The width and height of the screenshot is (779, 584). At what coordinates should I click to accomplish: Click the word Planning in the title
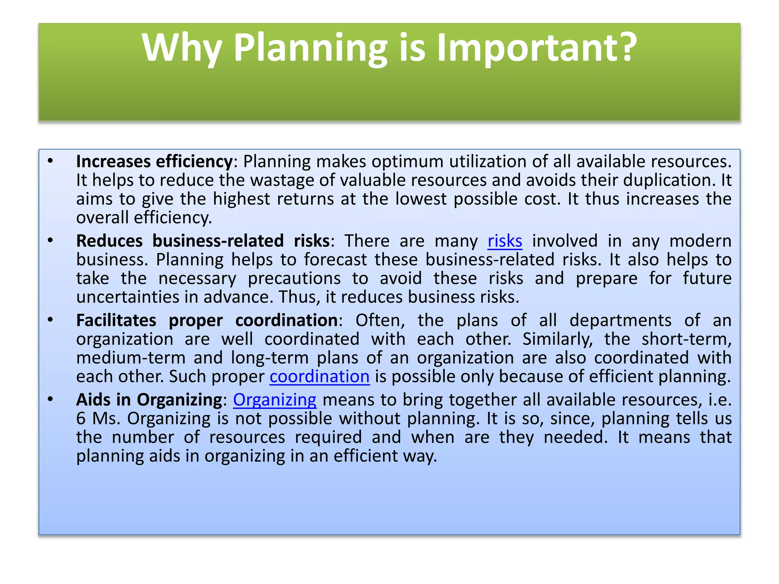click(x=310, y=48)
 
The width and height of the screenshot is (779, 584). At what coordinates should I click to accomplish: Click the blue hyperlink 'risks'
click(x=505, y=241)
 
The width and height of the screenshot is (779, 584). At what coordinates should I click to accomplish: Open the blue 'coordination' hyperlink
click(x=320, y=377)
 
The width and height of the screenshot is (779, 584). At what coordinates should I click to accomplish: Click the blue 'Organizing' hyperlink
click(x=275, y=400)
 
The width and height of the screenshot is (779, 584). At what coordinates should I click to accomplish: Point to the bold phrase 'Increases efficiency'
click(x=154, y=162)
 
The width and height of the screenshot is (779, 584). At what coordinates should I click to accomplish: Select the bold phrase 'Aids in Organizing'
click(x=149, y=400)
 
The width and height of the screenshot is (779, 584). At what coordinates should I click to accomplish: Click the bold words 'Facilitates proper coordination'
click(x=207, y=321)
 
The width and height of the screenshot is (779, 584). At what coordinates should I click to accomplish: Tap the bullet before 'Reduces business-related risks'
click(x=50, y=240)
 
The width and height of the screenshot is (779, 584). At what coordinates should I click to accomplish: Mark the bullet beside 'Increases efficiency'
click(x=50, y=161)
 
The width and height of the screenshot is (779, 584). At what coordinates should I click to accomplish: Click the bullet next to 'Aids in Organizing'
click(x=50, y=399)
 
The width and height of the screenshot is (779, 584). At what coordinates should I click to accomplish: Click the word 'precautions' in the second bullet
click(x=294, y=279)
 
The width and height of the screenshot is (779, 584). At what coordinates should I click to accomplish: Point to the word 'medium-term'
click(x=131, y=358)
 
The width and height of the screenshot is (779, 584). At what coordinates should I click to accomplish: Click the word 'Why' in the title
click(x=181, y=48)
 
